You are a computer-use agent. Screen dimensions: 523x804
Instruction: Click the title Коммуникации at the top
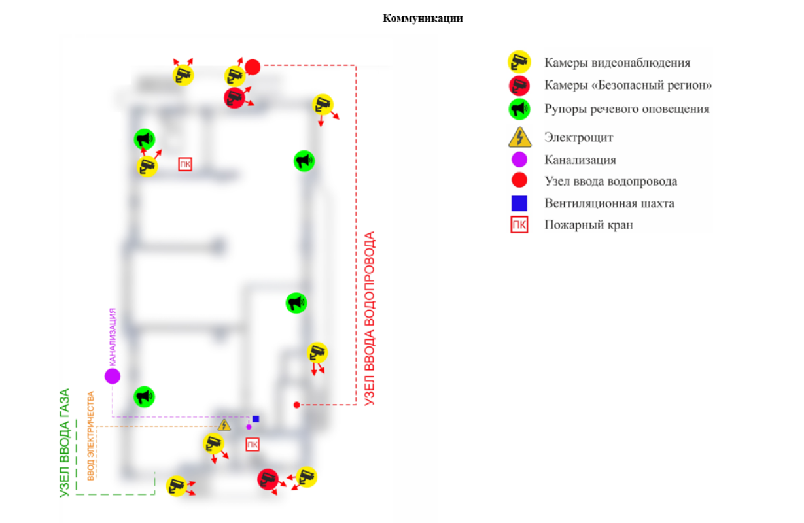click(423, 18)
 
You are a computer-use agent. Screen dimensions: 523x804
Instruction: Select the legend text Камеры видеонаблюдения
click(617, 63)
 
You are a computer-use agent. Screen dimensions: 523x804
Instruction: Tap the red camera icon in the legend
click(519, 85)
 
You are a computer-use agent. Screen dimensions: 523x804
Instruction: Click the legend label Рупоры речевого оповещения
click(627, 109)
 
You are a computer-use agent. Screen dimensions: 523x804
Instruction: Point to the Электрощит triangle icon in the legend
click(519, 137)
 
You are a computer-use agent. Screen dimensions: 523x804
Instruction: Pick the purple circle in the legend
click(519, 160)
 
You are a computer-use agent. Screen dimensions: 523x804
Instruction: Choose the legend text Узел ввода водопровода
click(610, 182)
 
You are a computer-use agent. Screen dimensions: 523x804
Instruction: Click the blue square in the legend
click(519, 203)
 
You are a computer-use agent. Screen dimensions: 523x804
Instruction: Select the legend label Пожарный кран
click(589, 225)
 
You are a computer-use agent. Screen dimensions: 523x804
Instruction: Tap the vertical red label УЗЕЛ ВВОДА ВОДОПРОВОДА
click(370, 318)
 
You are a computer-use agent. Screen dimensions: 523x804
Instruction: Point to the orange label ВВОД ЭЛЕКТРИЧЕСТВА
click(91, 435)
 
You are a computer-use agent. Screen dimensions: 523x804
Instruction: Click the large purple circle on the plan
click(113, 376)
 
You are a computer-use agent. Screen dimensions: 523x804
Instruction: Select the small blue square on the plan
click(256, 418)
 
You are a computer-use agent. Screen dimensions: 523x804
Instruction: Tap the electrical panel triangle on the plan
click(224, 426)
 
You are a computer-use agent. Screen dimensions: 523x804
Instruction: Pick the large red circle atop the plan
click(253, 67)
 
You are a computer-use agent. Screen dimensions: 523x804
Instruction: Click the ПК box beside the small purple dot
click(252, 445)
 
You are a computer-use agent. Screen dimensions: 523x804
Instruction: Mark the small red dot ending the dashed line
click(296, 405)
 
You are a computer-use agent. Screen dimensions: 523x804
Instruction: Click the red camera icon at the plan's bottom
click(268, 479)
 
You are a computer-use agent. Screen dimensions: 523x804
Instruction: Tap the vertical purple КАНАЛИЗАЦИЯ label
click(113, 336)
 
